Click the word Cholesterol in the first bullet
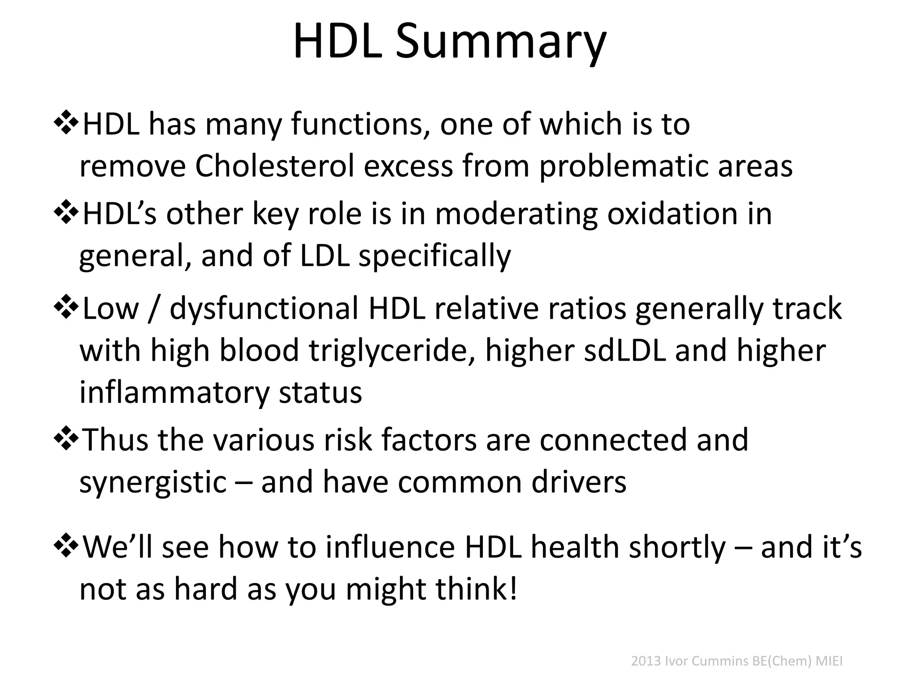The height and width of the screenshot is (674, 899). pos(274,166)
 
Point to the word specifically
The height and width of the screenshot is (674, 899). pos(435,256)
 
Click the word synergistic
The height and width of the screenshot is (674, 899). pos(153,483)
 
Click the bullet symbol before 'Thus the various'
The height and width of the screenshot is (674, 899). pos(66,439)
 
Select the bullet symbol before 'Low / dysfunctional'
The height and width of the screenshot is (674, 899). pos(66,308)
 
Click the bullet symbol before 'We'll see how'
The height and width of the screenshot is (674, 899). pos(66,547)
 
